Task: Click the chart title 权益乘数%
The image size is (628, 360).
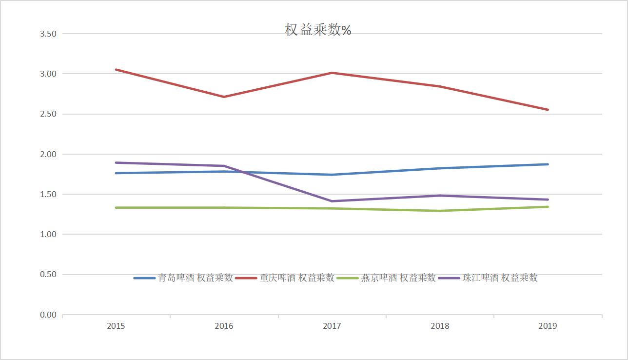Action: (x=318, y=30)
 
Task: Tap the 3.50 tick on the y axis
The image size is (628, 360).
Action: (x=48, y=34)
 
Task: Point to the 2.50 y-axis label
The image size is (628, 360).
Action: (x=48, y=114)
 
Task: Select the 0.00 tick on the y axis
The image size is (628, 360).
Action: (x=48, y=315)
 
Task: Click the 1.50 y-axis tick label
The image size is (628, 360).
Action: (x=48, y=194)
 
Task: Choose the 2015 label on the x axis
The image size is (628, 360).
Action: (x=116, y=326)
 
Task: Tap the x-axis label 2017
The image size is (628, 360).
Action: (x=332, y=326)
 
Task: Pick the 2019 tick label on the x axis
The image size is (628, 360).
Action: (x=548, y=326)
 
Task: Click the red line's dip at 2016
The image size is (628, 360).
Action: (x=224, y=97)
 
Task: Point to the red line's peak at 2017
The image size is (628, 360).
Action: (x=332, y=73)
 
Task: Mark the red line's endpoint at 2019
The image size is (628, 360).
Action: (x=548, y=110)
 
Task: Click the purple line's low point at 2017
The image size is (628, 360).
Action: (x=332, y=201)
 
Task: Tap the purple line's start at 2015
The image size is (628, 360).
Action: (x=116, y=162)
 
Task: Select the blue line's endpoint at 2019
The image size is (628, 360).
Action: (x=548, y=164)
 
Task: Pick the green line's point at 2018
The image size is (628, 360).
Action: (x=440, y=211)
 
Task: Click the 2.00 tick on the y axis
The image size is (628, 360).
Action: (x=48, y=154)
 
